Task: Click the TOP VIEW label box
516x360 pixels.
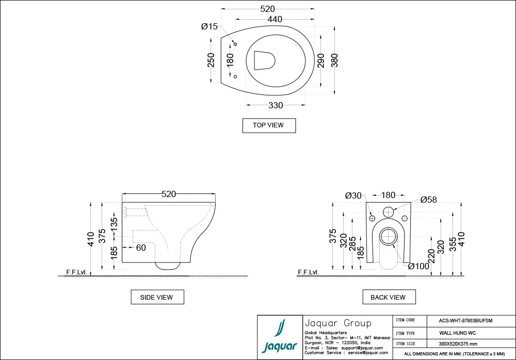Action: (269, 125)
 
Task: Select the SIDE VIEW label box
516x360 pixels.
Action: (156, 297)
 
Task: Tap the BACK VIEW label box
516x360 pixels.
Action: (388, 297)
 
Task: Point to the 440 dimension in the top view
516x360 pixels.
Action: (275, 20)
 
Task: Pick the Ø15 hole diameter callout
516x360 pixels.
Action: (209, 27)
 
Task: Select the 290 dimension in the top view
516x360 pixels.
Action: (320, 60)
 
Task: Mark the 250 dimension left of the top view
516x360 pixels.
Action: (211, 60)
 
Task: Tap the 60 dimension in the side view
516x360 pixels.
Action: (140, 248)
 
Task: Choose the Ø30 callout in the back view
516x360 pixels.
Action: (353, 195)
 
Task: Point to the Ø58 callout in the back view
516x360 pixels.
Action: (428, 200)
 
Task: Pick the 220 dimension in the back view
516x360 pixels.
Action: (431, 255)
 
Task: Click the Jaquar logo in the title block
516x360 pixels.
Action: (280, 338)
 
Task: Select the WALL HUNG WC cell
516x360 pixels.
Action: (461, 333)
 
